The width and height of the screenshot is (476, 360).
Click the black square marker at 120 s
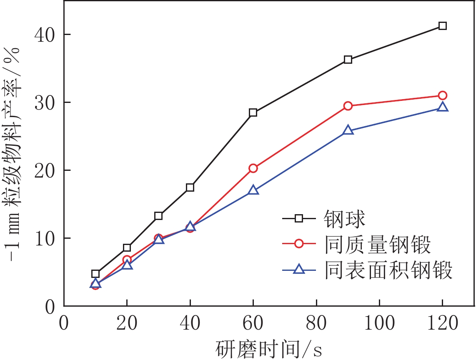[443, 26]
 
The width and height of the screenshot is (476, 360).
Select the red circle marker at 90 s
[348, 106]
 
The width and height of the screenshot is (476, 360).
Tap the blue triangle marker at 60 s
[253, 190]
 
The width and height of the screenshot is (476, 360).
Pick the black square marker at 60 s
[253, 112]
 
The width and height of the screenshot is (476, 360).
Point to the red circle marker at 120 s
[443, 95]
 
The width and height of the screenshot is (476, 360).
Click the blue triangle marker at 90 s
[348, 130]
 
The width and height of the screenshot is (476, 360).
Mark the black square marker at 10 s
[95, 274]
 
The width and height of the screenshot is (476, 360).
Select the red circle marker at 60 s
[253, 168]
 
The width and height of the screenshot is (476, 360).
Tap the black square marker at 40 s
[190, 187]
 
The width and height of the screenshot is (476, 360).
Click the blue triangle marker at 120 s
[443, 107]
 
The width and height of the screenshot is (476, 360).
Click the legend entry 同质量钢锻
[377, 245]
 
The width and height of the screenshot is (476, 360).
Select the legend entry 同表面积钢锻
[388, 270]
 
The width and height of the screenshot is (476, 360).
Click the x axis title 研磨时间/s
[269, 348]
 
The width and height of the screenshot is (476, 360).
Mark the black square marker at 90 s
[348, 60]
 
